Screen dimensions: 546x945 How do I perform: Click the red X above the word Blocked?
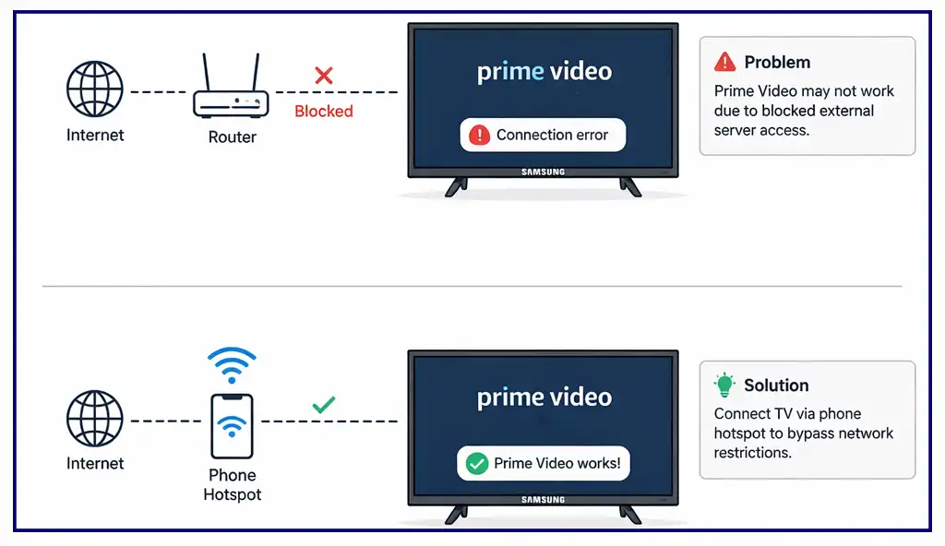323,76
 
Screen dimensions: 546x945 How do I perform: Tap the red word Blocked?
323,112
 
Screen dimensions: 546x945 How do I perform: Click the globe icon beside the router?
94,90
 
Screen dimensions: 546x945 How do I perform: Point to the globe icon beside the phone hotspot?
94,421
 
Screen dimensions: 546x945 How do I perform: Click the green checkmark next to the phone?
323,404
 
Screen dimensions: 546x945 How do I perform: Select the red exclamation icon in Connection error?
479,136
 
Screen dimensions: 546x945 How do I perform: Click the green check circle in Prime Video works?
476,464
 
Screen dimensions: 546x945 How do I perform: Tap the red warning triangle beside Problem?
724,62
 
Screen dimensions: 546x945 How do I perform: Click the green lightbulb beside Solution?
724,386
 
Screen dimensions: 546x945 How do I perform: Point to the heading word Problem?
777,63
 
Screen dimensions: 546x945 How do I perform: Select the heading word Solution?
776,386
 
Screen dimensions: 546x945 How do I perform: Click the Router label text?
232,137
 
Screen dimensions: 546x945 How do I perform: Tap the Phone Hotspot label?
233,485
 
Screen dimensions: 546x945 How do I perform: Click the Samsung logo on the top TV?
543,172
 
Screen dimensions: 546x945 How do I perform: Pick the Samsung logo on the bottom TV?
543,500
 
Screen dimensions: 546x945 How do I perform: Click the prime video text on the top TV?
544,71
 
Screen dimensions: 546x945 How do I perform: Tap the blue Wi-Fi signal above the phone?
232,364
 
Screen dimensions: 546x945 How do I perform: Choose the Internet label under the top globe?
94,136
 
